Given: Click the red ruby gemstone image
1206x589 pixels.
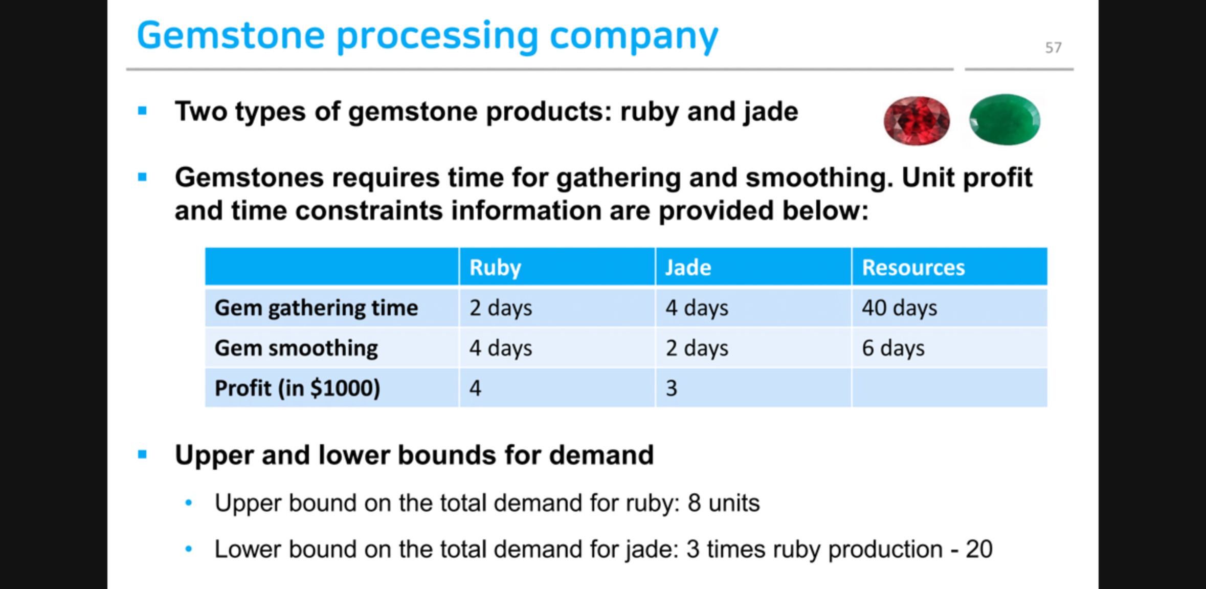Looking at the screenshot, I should pyautogui.click(x=917, y=120).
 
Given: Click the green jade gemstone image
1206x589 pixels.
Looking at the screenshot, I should pyautogui.click(x=1004, y=119).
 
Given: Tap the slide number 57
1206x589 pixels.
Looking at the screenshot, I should pyautogui.click(x=1053, y=48).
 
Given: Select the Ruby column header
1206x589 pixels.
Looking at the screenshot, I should pyautogui.click(x=495, y=268).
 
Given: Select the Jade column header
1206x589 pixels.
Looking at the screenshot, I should pyautogui.click(x=688, y=268).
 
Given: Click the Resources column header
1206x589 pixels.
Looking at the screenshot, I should pyautogui.click(x=913, y=268).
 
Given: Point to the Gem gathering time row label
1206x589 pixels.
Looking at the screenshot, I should pyautogui.click(x=316, y=308).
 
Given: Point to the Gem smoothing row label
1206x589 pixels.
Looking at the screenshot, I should pyautogui.click(x=296, y=348).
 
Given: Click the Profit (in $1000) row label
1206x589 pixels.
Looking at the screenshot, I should pyautogui.click(x=297, y=388).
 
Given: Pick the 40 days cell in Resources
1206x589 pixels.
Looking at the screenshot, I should pyautogui.click(x=899, y=308).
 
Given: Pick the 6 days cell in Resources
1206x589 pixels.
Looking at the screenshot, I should pyautogui.click(x=893, y=348).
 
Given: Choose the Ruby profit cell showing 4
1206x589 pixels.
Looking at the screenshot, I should pyautogui.click(x=475, y=388).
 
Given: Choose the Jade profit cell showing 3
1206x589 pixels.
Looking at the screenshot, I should pyautogui.click(x=671, y=388).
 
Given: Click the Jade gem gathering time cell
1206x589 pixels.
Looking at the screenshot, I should pyautogui.click(x=697, y=308).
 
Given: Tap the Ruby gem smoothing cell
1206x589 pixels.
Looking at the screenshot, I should pyautogui.click(x=501, y=348).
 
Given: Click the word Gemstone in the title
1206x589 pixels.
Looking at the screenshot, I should pyautogui.click(x=231, y=36).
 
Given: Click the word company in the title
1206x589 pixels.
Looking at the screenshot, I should pyautogui.click(x=634, y=36).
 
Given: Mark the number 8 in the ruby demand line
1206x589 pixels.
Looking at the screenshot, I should pyautogui.click(x=694, y=503).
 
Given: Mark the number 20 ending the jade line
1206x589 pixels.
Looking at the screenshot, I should pyautogui.click(x=979, y=550).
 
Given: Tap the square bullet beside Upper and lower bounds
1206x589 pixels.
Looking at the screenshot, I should pyautogui.click(x=142, y=454).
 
